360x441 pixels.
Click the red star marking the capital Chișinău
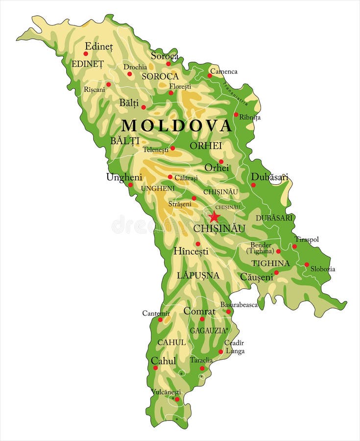coord(214,217)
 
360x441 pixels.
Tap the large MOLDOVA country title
coord(176,125)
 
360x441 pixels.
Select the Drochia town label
coord(135,67)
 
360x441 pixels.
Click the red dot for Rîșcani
coord(109,84)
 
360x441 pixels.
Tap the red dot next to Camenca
coord(210,75)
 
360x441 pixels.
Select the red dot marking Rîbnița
coord(236,115)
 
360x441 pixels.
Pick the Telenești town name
coord(155,149)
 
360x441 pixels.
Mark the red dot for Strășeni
coord(193,198)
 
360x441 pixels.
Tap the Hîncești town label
coord(191,251)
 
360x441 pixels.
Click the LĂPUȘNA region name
coord(198,275)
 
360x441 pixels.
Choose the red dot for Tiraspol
coord(294,246)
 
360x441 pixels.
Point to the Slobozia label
coord(323,269)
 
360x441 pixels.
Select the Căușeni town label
coord(256,277)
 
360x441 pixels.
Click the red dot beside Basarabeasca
coord(228,312)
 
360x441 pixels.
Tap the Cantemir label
coord(156,313)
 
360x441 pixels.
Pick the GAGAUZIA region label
coord(208,331)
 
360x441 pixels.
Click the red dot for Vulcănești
coord(177,399)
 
